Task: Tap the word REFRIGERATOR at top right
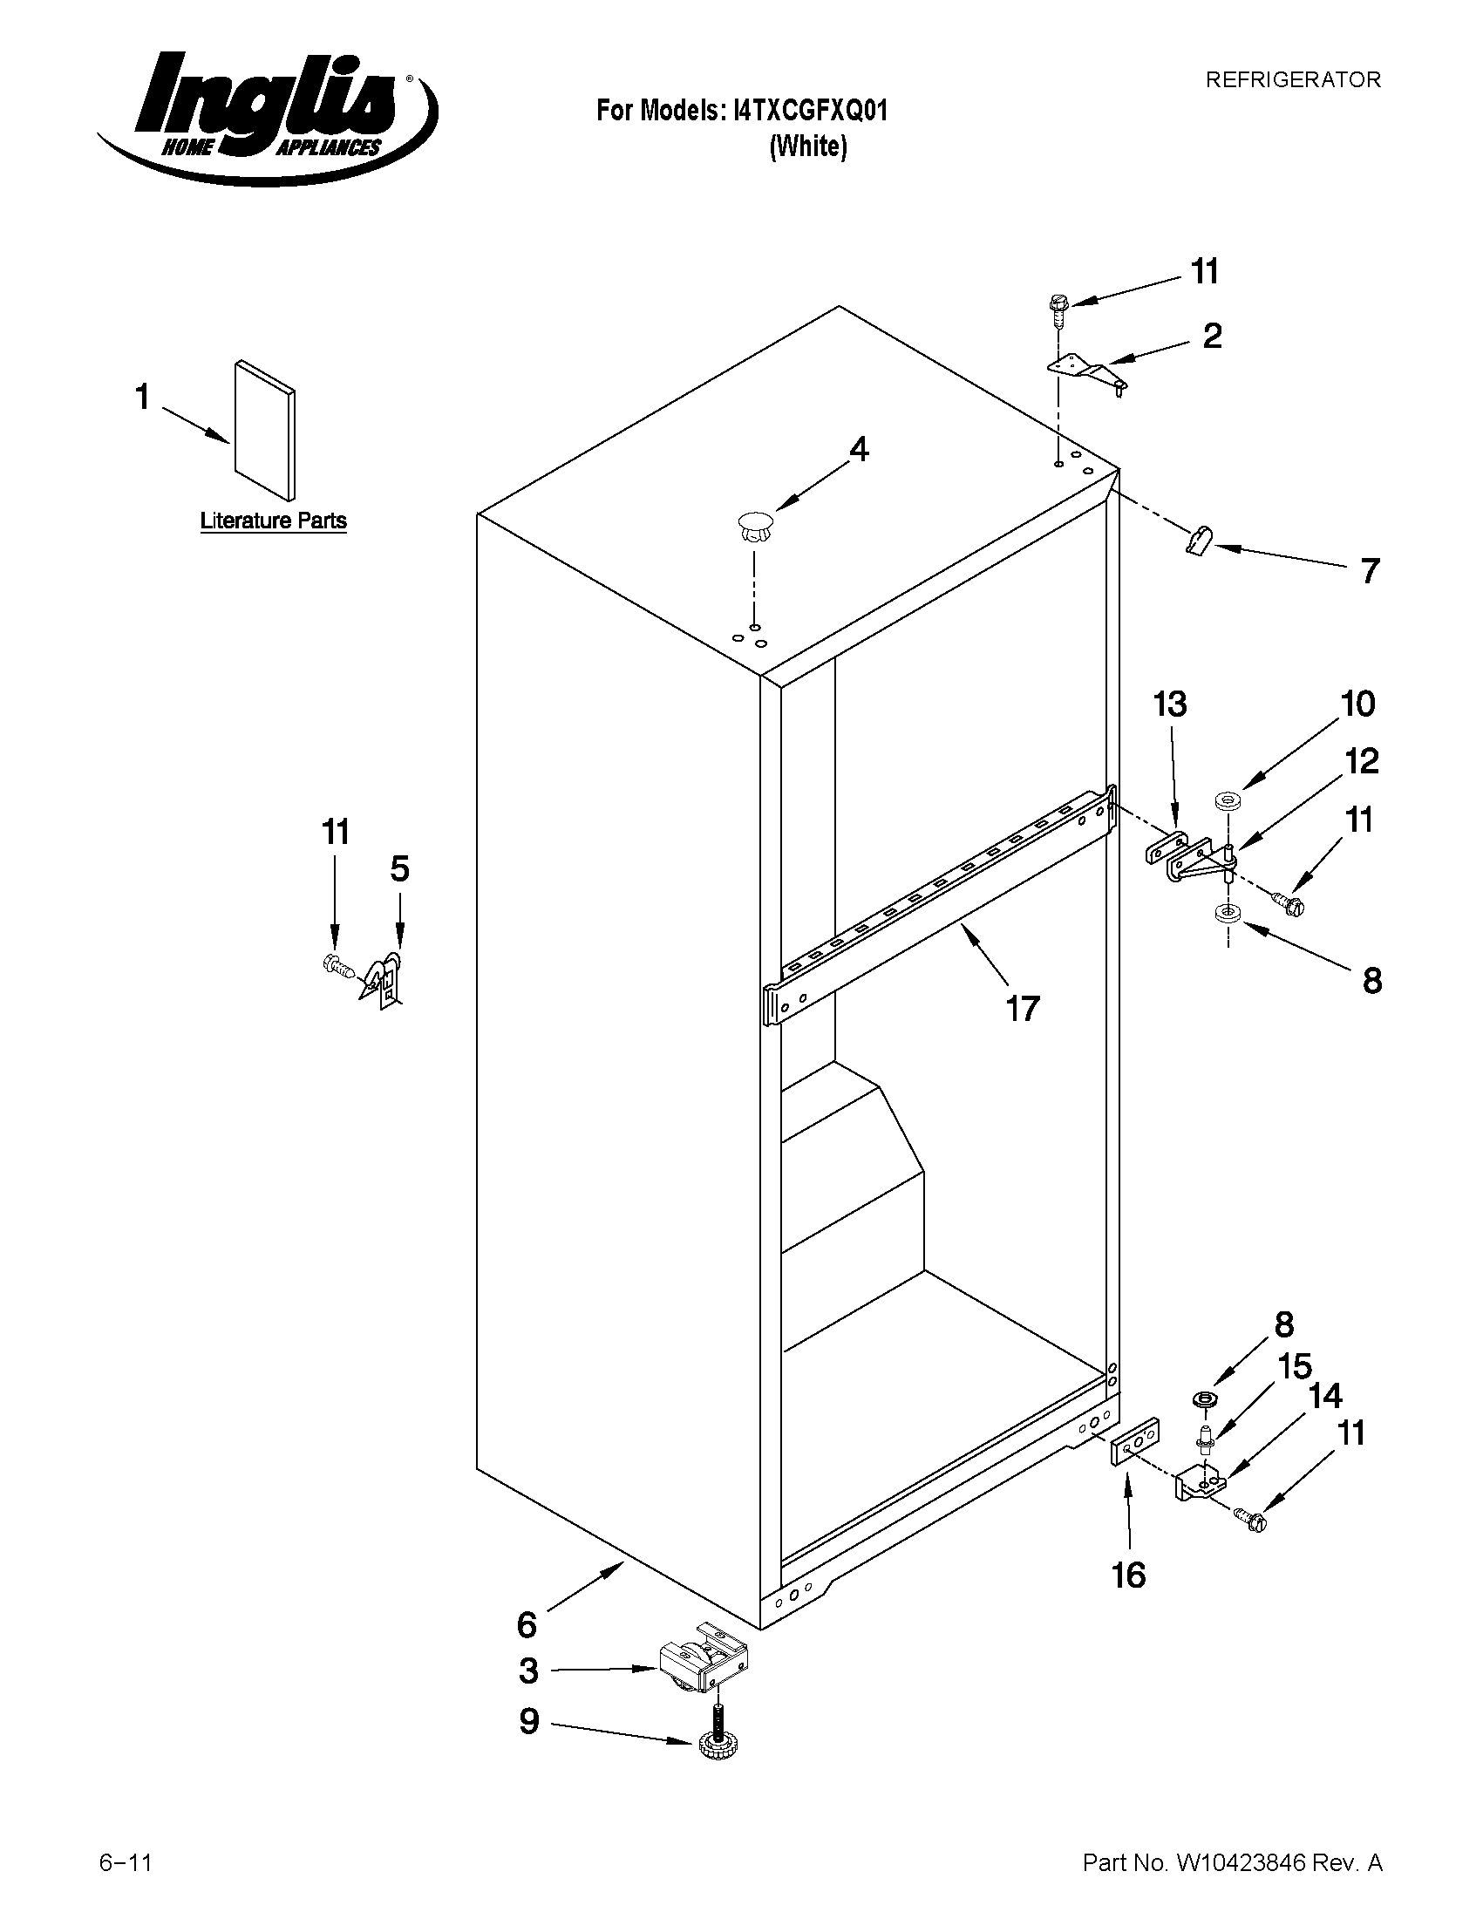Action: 1292,80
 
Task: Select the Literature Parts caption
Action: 273,521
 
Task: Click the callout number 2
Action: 1212,336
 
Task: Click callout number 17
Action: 1023,1008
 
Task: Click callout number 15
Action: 1294,1366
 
